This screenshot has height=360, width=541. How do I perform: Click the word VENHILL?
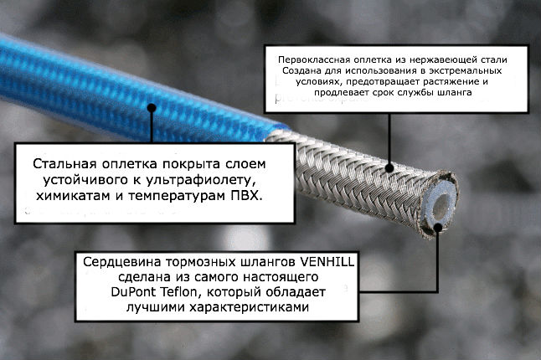click(x=327, y=262)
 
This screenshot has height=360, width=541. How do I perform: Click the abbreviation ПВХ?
click(x=245, y=196)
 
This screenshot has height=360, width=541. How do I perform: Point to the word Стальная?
click(x=64, y=164)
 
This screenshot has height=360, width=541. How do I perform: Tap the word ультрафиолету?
click(x=203, y=180)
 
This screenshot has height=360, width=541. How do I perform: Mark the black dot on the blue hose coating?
click(x=152, y=108)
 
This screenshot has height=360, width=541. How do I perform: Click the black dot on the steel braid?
click(x=389, y=168)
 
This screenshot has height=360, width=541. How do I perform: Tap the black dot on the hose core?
click(x=438, y=228)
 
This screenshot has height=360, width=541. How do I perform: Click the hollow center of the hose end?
click(x=441, y=206)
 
